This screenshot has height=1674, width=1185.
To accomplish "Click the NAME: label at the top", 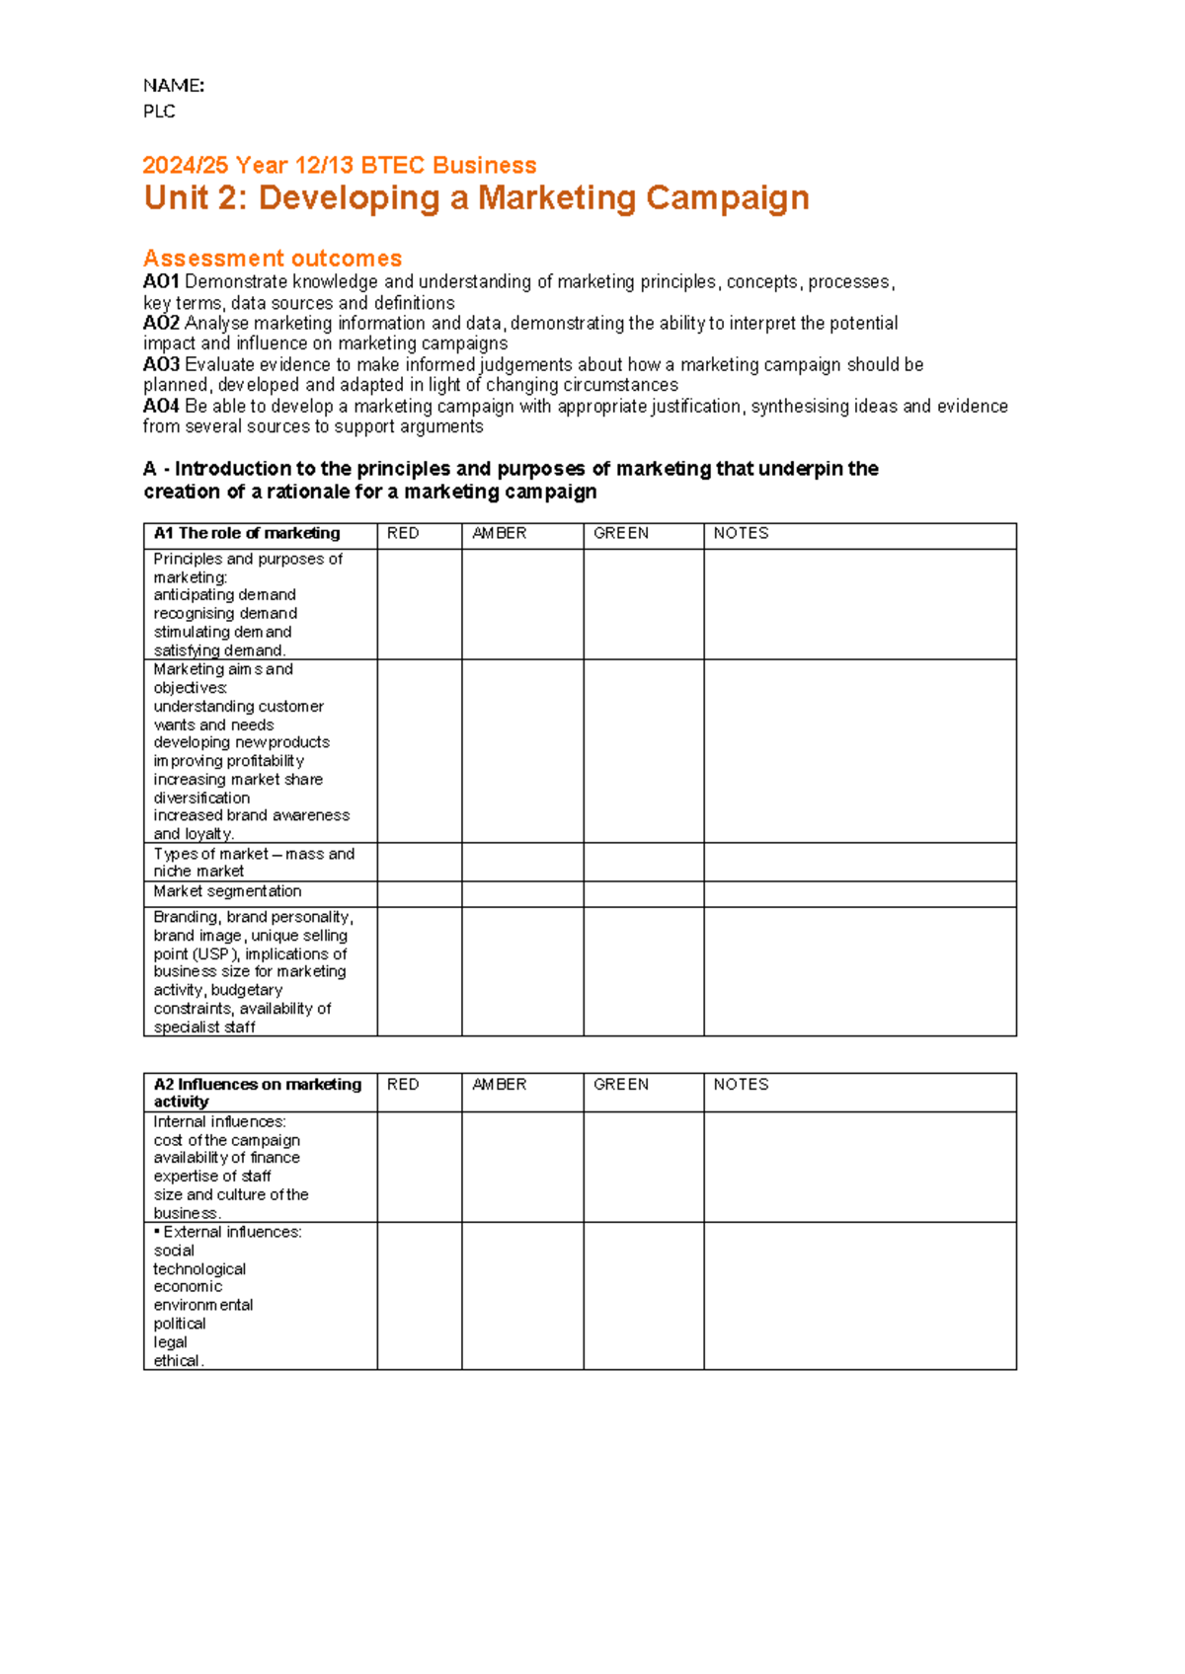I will (x=173, y=86).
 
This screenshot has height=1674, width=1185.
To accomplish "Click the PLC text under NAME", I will (x=159, y=112).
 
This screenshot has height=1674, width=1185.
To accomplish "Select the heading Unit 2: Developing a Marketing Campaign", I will (x=476, y=198).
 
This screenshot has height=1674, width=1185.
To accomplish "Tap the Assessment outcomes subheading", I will (x=273, y=259).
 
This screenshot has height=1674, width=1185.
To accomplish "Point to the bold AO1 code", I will (x=161, y=282).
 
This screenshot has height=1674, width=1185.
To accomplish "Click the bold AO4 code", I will (x=161, y=407).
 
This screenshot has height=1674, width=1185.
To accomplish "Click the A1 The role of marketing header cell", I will (x=247, y=534).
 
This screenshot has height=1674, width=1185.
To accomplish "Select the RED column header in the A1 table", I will (x=403, y=534).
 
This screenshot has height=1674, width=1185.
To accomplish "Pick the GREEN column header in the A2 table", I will (x=621, y=1085).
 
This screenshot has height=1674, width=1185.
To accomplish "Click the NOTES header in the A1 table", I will (x=741, y=534).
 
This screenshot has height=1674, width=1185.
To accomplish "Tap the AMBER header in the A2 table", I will (x=500, y=1085).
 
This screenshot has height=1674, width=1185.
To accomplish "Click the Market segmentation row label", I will (x=227, y=892).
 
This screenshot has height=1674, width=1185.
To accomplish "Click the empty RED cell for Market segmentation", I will (x=419, y=894).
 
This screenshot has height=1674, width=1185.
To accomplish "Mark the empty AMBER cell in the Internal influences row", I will (x=522, y=1168).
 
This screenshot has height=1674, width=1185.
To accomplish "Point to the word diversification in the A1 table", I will (x=201, y=799).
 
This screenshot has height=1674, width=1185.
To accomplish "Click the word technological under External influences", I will (x=199, y=1269).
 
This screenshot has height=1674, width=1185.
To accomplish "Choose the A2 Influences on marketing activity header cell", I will (x=257, y=1093).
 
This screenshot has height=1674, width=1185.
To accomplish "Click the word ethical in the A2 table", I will (x=177, y=1361).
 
